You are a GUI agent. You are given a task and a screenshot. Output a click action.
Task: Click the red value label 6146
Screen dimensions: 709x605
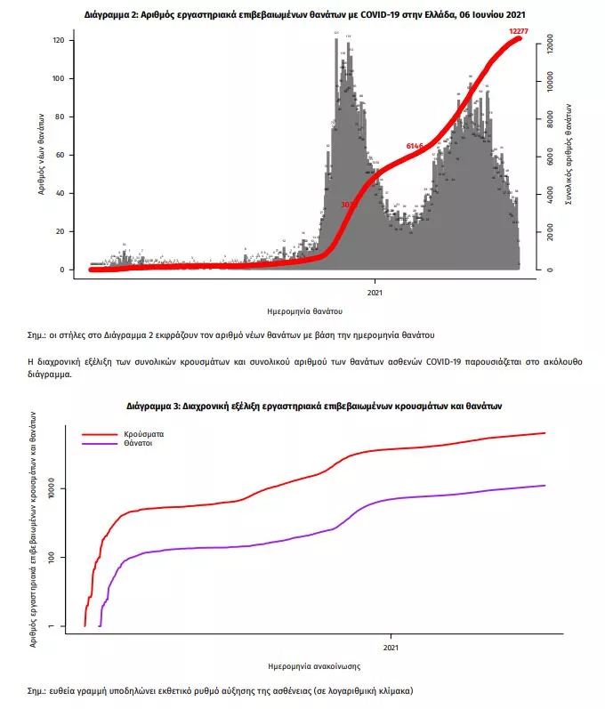coord(415,145)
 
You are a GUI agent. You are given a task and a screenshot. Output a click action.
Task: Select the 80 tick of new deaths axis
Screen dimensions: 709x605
coord(58,117)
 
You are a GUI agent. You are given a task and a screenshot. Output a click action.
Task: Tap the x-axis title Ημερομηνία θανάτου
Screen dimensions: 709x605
coord(305,312)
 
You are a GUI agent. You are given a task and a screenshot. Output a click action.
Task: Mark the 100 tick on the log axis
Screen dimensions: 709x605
coord(52,558)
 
